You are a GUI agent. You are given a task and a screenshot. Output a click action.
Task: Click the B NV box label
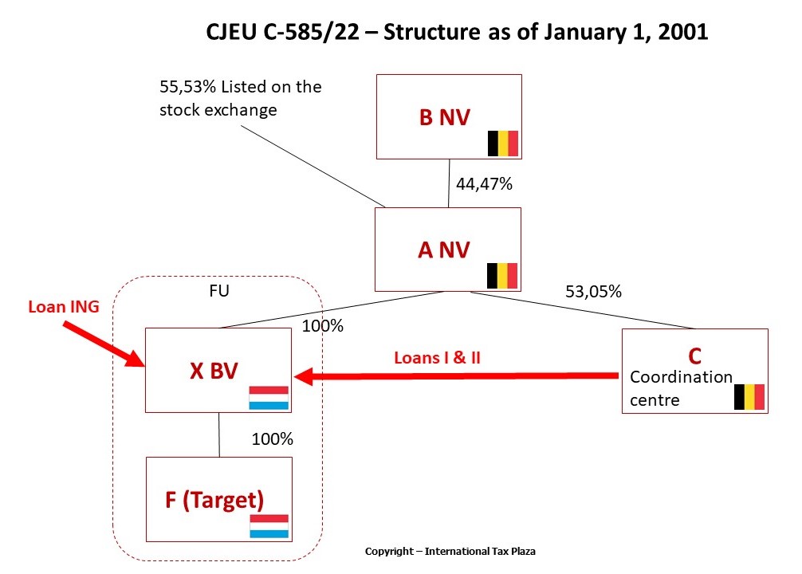(x=445, y=117)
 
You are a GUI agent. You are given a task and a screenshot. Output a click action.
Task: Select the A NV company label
(x=444, y=250)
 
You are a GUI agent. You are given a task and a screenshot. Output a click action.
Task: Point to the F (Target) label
(x=214, y=500)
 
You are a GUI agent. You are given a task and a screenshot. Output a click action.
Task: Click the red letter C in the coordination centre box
(x=694, y=356)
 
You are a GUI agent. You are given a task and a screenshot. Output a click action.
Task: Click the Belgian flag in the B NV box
(x=503, y=143)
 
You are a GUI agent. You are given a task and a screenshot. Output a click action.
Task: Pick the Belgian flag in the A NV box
(x=502, y=276)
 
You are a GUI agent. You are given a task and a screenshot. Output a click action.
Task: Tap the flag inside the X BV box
(x=269, y=398)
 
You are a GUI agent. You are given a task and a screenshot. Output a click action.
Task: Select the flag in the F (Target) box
(x=269, y=526)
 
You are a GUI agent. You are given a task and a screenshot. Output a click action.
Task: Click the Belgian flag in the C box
(x=749, y=396)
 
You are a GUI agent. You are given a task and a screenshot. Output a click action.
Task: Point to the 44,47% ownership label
(x=484, y=184)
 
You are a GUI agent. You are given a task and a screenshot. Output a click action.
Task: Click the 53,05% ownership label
(x=593, y=292)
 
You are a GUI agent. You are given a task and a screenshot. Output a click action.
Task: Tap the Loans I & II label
(x=437, y=357)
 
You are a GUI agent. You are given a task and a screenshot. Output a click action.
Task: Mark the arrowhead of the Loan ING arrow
(x=135, y=361)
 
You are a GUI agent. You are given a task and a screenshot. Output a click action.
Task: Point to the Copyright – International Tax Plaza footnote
(x=455, y=551)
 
